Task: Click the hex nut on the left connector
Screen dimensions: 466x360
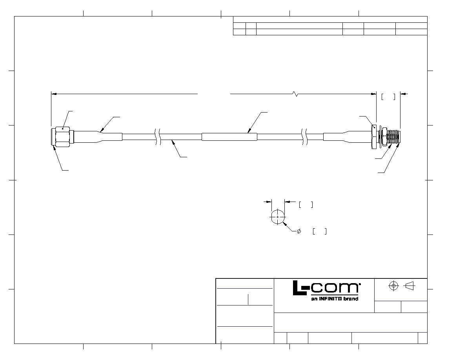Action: click(63, 136)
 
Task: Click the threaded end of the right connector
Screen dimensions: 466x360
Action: click(394, 137)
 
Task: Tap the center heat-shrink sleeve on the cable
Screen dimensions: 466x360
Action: click(229, 137)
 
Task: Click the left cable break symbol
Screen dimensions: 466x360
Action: click(158, 137)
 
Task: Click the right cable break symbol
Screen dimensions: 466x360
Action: click(305, 137)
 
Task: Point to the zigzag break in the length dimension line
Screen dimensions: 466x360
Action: click(295, 94)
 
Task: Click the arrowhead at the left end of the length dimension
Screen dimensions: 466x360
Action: click(54, 94)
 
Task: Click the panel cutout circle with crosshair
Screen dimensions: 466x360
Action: click(278, 217)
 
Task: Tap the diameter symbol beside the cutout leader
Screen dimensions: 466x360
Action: click(299, 231)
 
